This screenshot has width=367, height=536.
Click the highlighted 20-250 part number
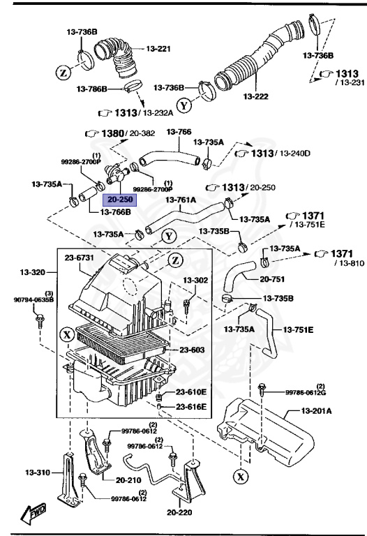[118, 200]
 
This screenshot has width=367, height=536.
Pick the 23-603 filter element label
[193, 350]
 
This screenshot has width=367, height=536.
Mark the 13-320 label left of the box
[32, 271]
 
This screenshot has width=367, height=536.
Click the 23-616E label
[191, 406]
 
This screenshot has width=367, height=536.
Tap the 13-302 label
[196, 280]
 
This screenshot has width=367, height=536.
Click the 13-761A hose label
[181, 199]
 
